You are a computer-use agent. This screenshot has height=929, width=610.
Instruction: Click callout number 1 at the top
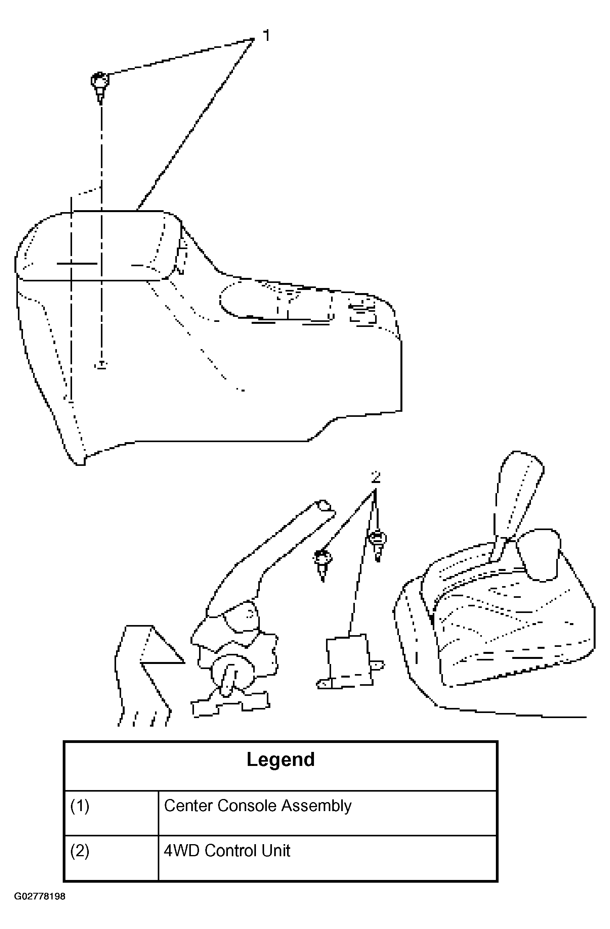(266, 36)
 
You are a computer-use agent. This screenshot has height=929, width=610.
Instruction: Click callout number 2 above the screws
(376, 477)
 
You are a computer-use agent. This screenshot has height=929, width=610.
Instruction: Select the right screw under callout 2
(377, 543)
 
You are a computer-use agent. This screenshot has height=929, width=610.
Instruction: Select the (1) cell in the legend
(80, 806)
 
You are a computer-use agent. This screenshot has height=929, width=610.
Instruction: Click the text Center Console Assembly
(257, 806)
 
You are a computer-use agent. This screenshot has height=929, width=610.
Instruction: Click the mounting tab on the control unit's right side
(377, 665)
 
